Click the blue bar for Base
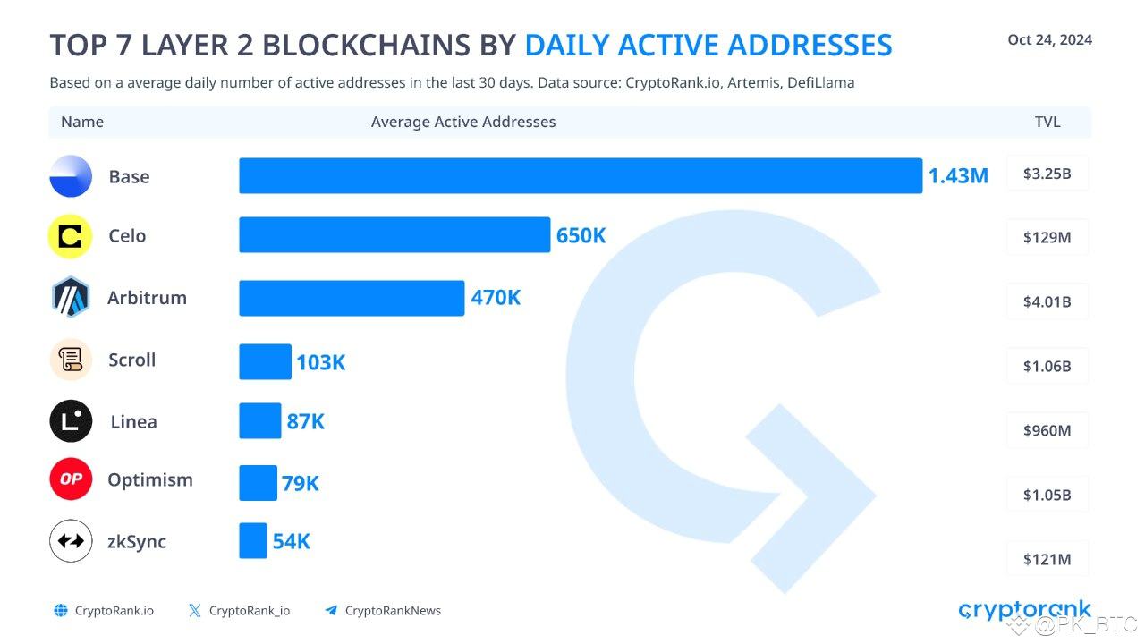coord(580,175)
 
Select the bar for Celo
coord(394,235)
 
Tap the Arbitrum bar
coord(352,298)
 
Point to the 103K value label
coord(320,362)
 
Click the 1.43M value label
coord(958,176)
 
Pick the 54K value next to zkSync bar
coord(292,541)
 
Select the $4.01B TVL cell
coord(1047,301)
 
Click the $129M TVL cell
coord(1047,238)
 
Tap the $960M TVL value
coord(1047,430)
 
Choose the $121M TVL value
coord(1047,559)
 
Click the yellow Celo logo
coord(71,237)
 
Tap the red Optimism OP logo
coord(71,479)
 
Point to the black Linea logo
coord(71,420)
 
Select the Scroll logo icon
coord(71,360)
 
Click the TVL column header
coord(1047,122)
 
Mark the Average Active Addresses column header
coord(463,122)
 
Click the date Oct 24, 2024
coord(1049,39)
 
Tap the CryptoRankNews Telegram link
coord(392,611)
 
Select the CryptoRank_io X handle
coord(249,611)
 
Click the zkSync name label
coord(137,542)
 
